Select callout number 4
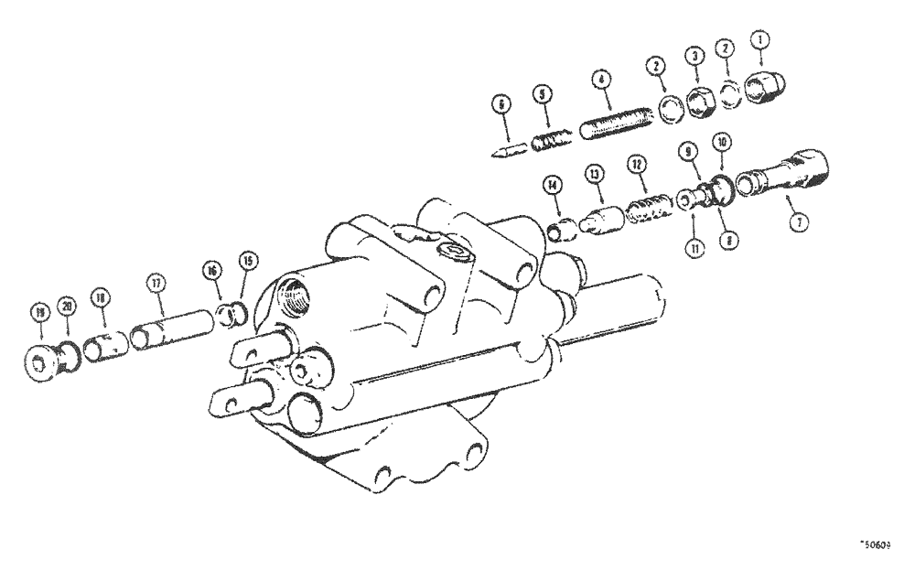point(600,80)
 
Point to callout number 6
point(501,104)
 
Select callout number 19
point(40,312)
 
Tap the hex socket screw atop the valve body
point(454,253)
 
